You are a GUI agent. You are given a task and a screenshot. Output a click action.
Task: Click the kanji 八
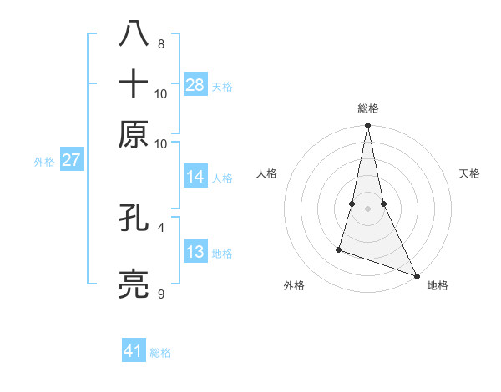(x=134, y=34)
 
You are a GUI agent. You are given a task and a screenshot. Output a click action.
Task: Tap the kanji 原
(x=134, y=134)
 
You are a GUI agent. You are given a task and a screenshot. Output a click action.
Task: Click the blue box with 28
(x=195, y=84)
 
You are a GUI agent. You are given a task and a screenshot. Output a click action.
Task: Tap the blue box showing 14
(x=195, y=177)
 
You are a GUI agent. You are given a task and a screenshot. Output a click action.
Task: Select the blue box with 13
(x=195, y=253)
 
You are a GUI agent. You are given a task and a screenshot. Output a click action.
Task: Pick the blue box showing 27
(x=71, y=160)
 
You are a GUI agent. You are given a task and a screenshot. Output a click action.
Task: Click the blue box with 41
(x=134, y=351)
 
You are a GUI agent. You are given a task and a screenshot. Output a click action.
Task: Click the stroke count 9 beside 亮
(x=161, y=294)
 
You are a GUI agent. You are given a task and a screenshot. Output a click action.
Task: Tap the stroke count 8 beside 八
(x=161, y=43)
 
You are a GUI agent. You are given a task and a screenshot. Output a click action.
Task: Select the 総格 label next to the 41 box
(x=160, y=353)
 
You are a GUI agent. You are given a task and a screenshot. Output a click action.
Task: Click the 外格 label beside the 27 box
(x=44, y=162)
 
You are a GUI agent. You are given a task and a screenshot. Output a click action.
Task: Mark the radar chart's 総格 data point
(x=367, y=126)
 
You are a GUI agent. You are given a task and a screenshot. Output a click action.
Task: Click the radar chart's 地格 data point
(x=417, y=276)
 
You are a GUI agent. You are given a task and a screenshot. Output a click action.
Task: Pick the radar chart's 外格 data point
(x=339, y=249)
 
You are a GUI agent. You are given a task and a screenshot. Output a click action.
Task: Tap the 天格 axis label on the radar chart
(x=470, y=173)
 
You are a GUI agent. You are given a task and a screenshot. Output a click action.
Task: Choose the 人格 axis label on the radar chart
(x=266, y=173)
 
